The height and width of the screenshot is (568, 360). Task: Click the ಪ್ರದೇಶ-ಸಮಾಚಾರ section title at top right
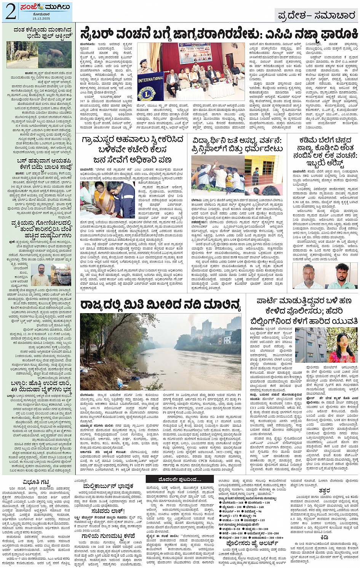click(x=316, y=16)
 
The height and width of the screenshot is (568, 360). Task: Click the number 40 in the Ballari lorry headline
click(x=14, y=389)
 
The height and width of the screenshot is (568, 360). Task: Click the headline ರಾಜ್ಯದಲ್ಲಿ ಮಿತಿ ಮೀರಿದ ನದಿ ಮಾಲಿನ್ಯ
click(x=160, y=304)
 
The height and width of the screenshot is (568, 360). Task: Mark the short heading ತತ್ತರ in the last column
click(x=324, y=490)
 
